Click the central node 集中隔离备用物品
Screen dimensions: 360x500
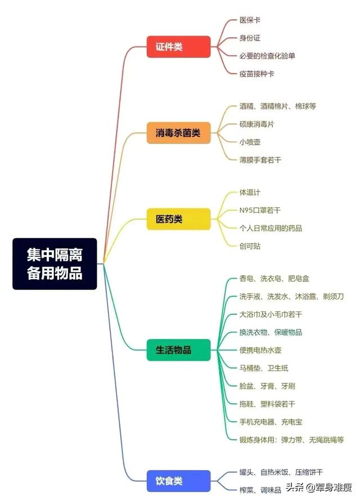[55, 264]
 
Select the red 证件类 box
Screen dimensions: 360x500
[178, 47]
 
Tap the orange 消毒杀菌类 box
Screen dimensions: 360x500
[178, 133]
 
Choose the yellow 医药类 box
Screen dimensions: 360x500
[178, 219]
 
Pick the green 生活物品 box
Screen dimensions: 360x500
[178, 350]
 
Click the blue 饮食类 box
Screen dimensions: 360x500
[178, 481]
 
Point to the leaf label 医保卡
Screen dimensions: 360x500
[250, 20]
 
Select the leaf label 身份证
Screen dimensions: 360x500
[250, 38]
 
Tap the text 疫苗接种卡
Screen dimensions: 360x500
[256, 74]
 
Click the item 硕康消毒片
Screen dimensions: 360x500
[256, 124]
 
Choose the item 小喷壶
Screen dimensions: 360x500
[250, 142]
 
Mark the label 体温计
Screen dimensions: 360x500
[250, 192]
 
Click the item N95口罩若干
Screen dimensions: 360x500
[260, 210]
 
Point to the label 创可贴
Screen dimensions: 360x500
[250, 246]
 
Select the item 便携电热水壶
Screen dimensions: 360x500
[260, 350]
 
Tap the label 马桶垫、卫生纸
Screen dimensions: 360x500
[264, 368]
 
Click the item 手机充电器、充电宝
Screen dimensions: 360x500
[271, 422]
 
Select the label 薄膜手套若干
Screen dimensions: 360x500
[260, 160]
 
